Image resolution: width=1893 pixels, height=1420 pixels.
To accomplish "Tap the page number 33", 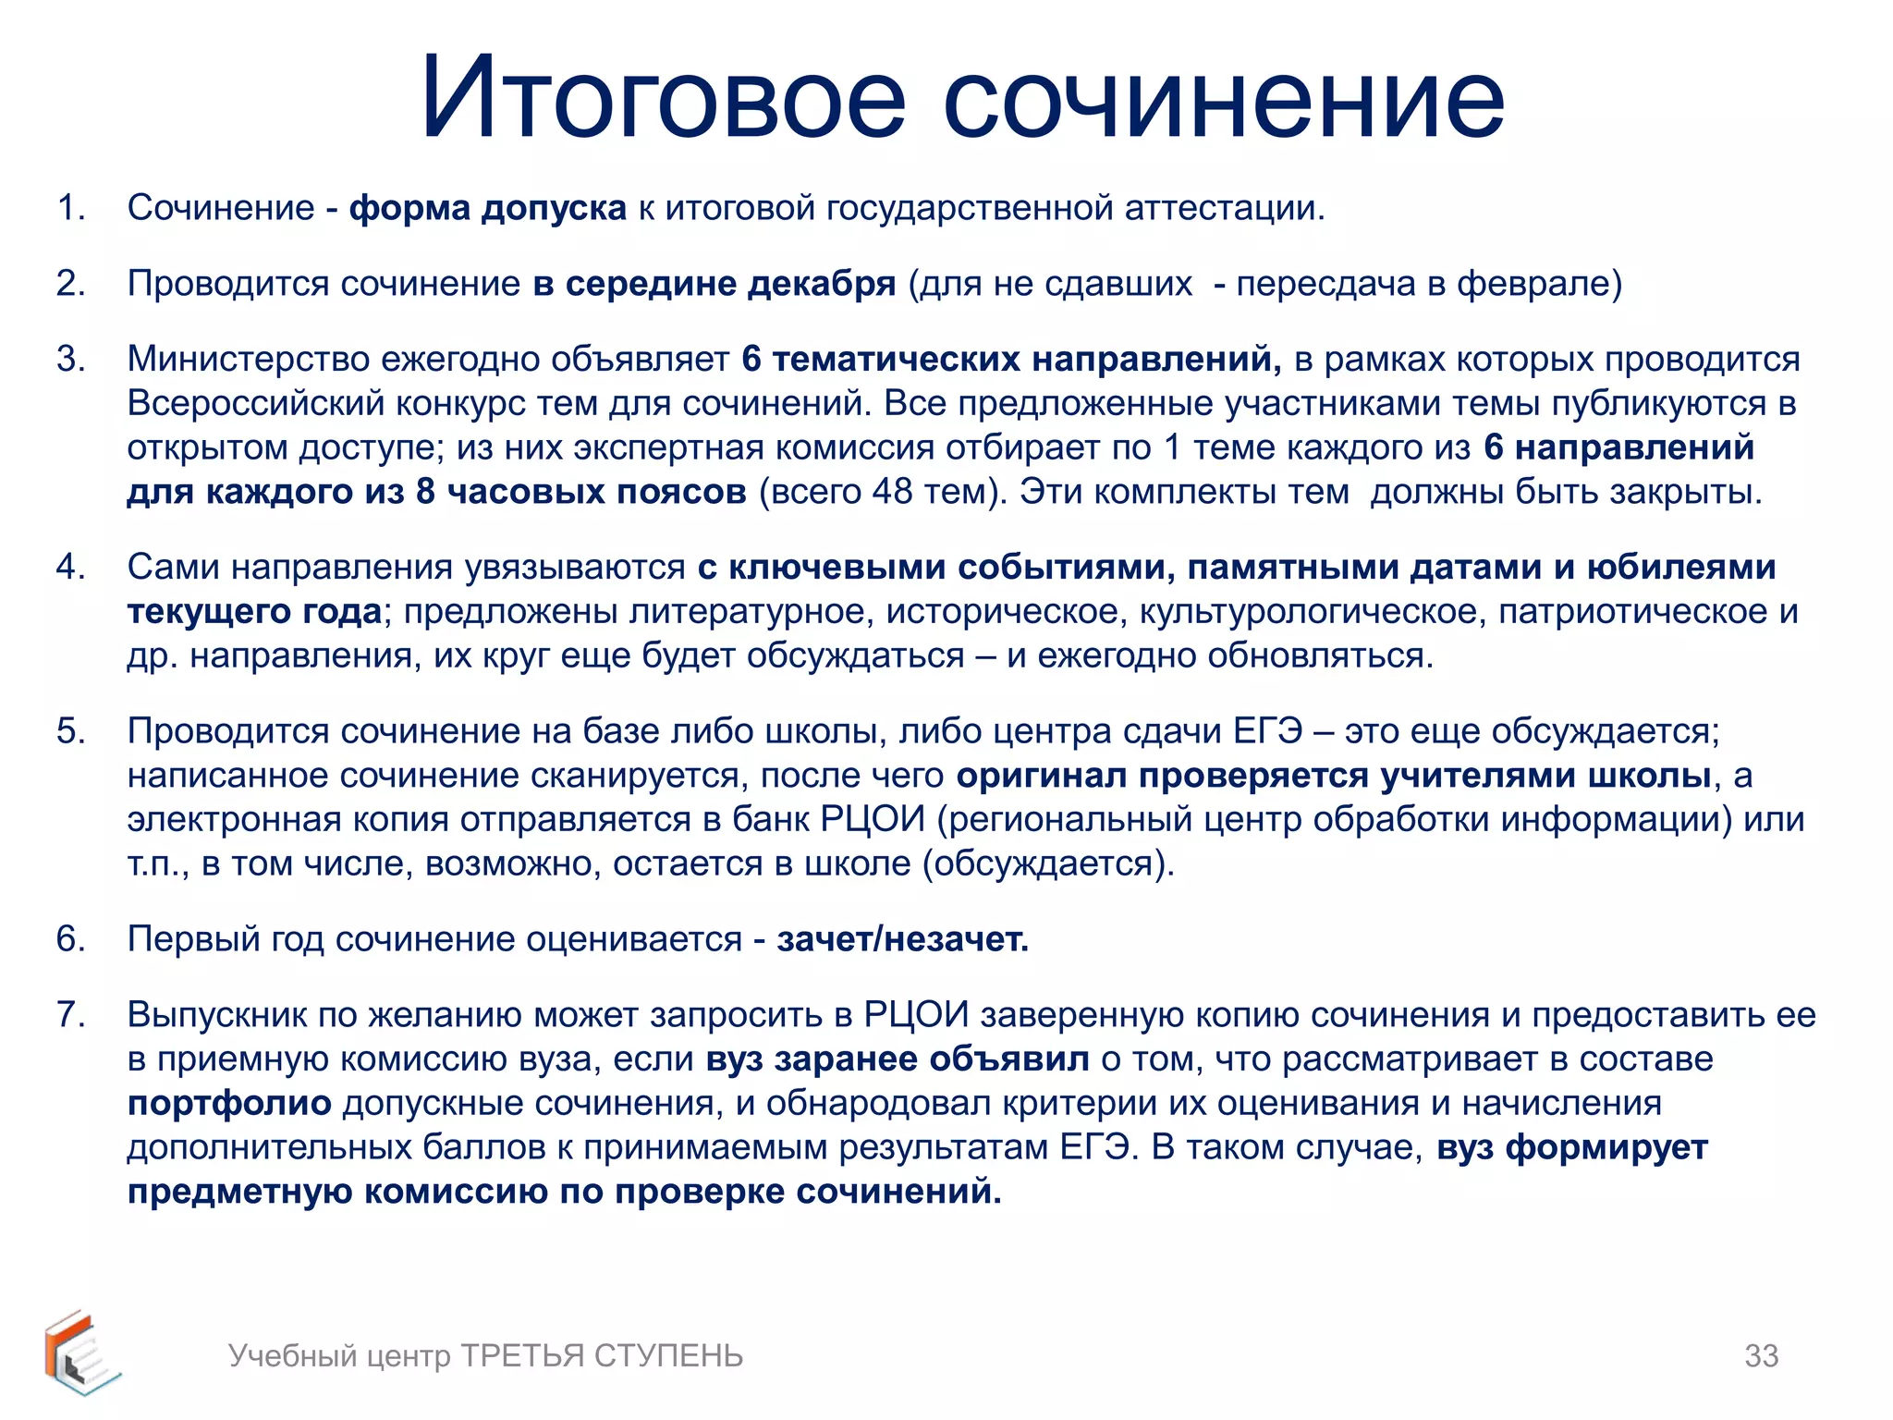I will pos(1761,1355).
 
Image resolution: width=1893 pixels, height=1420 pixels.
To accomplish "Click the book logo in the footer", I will pos(81,1353).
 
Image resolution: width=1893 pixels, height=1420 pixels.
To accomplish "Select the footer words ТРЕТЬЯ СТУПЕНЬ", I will pos(602,1355).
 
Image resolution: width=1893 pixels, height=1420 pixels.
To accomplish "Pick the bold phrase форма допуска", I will pos(487,208).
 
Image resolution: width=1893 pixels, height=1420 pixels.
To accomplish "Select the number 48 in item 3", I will pos(893,492).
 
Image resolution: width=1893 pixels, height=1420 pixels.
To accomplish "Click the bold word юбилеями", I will pos(1681,567).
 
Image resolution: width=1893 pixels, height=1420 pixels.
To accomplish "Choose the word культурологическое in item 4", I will pos(1313,611).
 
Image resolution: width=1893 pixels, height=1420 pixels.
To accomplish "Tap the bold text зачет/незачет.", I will pos(902,939).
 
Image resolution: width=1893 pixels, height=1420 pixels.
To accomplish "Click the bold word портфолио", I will pos(229,1104).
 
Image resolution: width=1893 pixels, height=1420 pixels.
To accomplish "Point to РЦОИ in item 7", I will pos(916,1014).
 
